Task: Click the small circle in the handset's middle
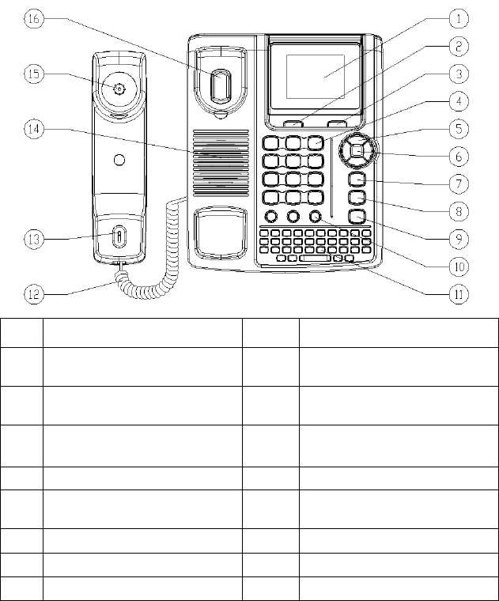click(x=119, y=161)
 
